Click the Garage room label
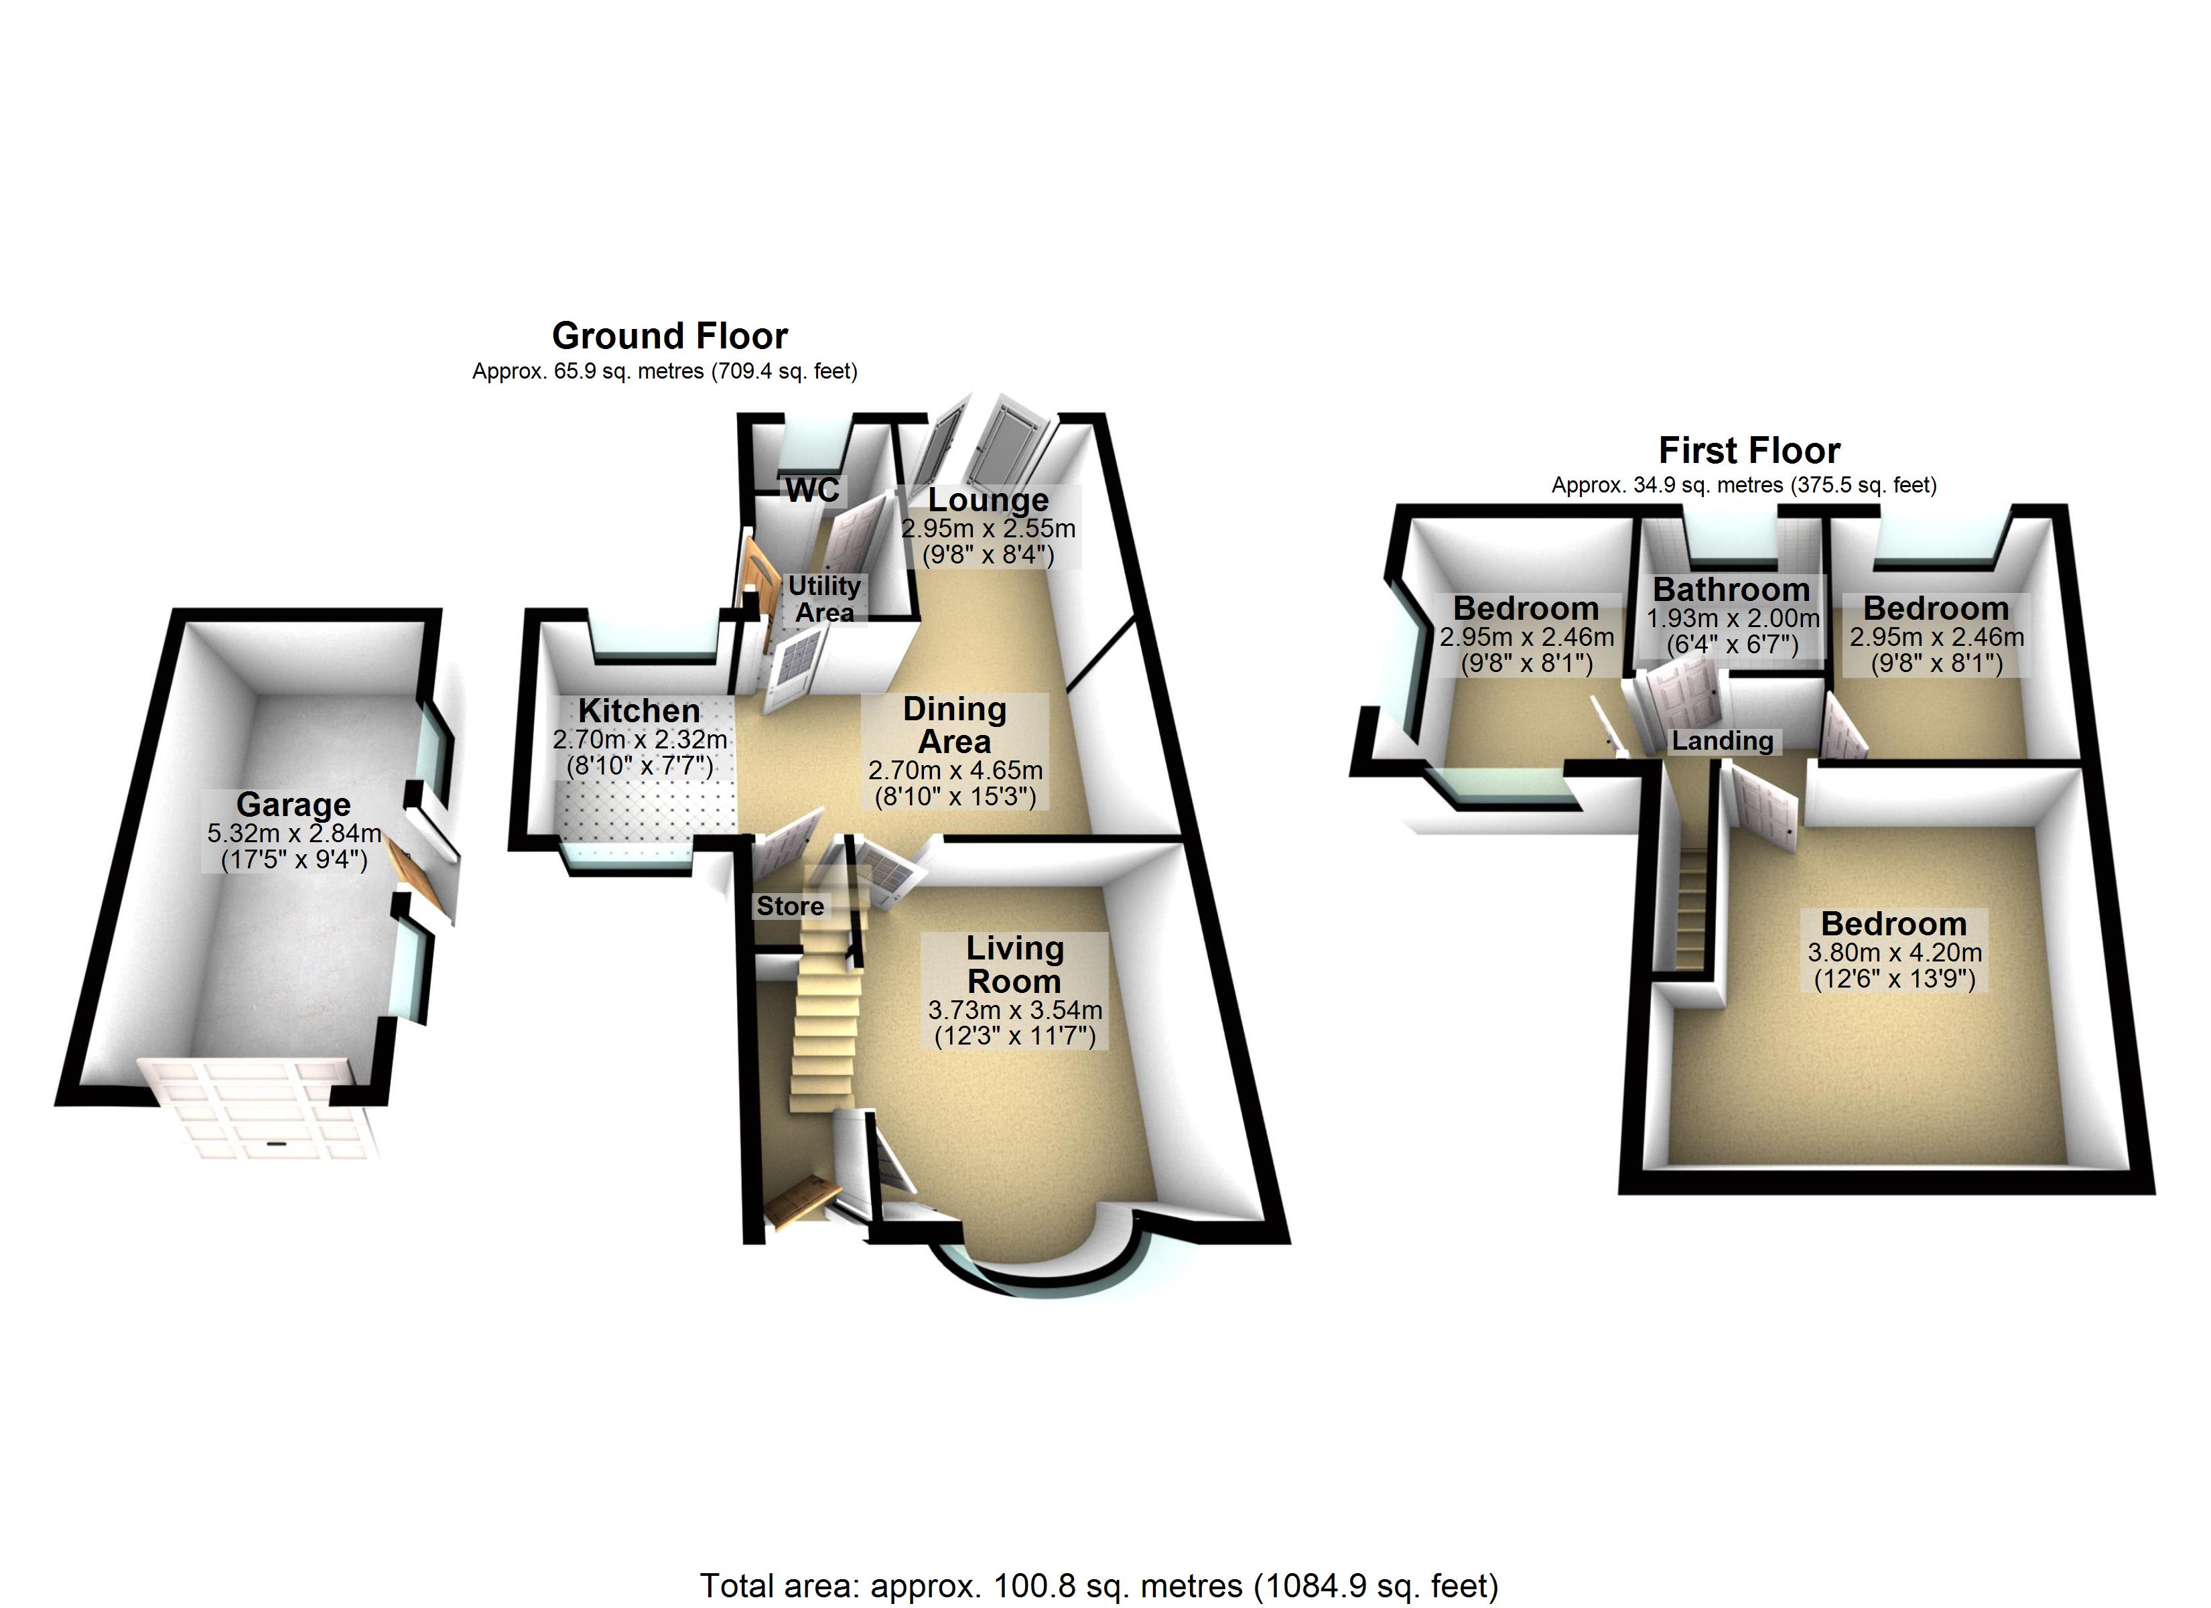(293, 805)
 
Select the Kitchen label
(639, 710)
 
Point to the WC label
(812, 490)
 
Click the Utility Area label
(825, 599)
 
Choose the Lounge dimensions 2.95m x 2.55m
(988, 529)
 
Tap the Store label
(791, 906)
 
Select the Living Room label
(1015, 963)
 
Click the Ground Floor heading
(670, 336)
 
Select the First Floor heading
(1750, 450)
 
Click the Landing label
(1723, 741)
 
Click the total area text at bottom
(1099, 1587)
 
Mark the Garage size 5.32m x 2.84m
(294, 833)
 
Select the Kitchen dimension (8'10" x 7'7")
(639, 766)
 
